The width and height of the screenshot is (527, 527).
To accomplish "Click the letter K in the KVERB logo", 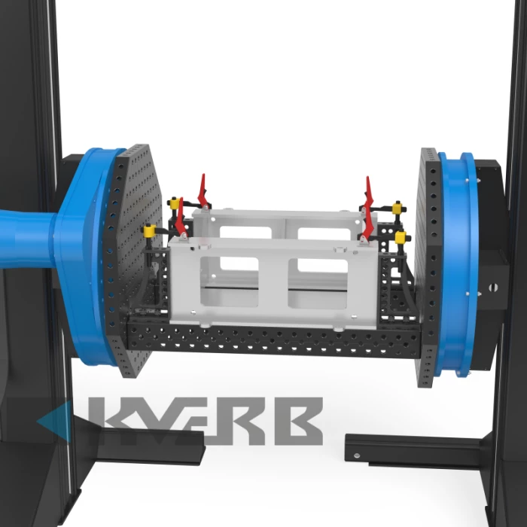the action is (x=111, y=420).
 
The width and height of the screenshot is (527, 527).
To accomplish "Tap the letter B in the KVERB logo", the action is (x=299, y=421).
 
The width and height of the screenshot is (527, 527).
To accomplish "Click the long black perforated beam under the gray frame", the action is (x=274, y=340).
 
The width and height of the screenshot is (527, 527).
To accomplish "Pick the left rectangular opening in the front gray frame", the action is (x=229, y=282).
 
